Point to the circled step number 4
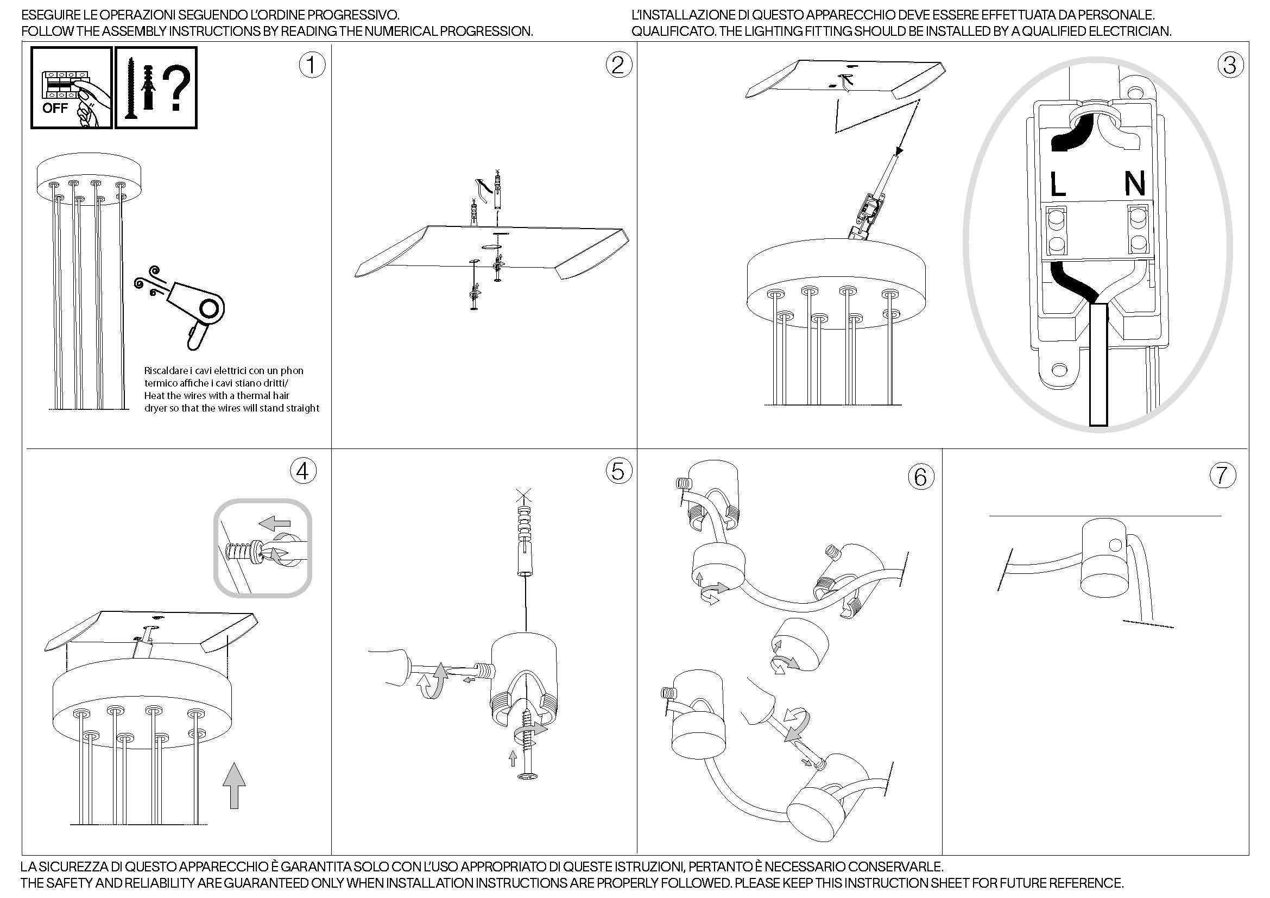[x=303, y=471]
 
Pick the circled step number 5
[x=618, y=471]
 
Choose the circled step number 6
[x=921, y=477]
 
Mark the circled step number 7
[x=1222, y=475]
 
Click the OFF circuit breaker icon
[x=71, y=88]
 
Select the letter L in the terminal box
[x=1058, y=184]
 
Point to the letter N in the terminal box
[x=1135, y=184]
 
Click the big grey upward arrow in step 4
[x=234, y=785]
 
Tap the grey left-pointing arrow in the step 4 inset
[x=275, y=521]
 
